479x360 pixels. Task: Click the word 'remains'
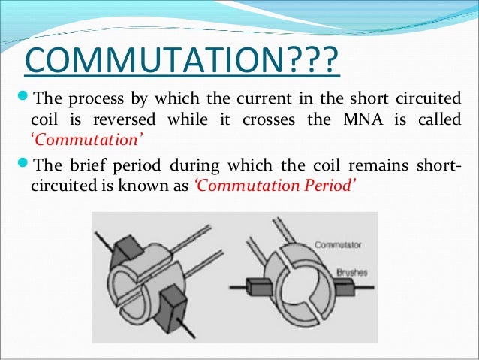point(367,165)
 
